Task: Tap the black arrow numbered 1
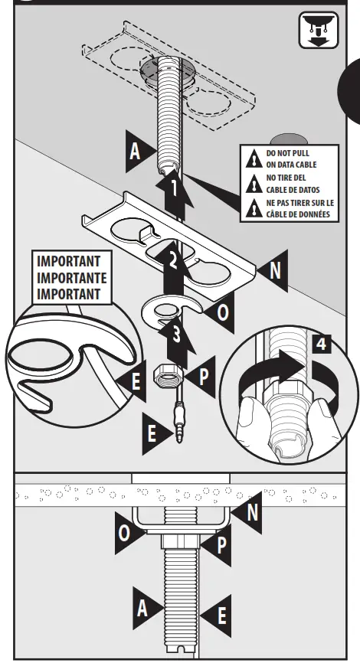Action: [175, 191]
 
